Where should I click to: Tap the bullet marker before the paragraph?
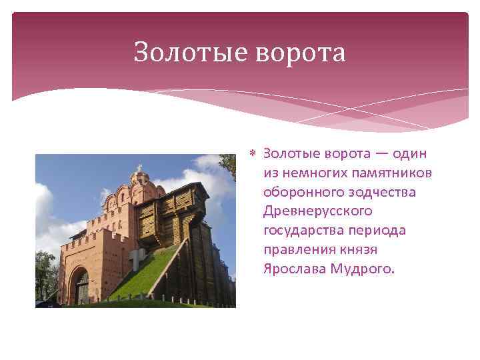253,155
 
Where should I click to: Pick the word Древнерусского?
317,212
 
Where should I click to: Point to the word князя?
360,251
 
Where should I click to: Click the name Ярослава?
293,270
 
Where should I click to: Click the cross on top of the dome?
139,167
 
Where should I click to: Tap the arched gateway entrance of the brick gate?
81,287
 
